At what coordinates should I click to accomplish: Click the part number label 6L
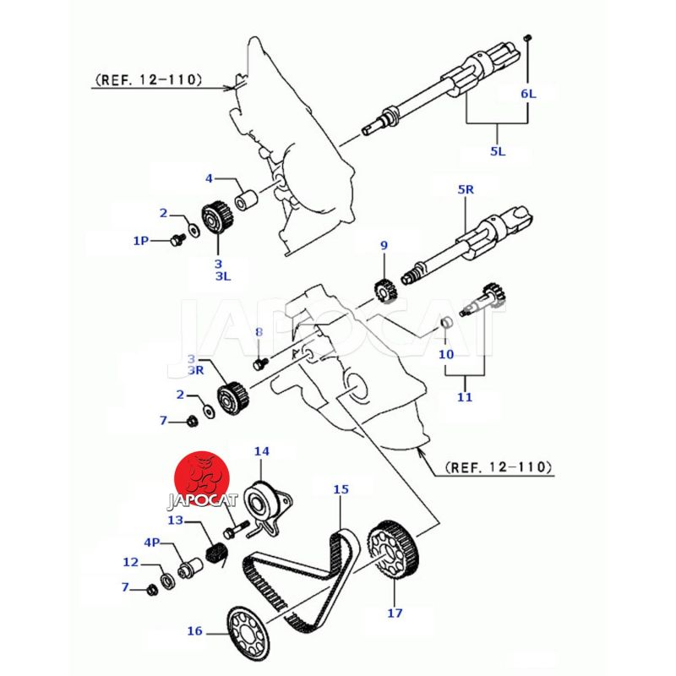(527, 94)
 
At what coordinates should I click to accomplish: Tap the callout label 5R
(466, 190)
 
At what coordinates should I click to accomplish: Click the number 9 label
(384, 246)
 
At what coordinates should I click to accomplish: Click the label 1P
(140, 240)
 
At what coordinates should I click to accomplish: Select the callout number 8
(259, 331)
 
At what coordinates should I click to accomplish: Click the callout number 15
(341, 489)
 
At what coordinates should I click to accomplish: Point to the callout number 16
(195, 630)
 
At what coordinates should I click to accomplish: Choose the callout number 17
(394, 613)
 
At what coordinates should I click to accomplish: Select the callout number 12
(130, 562)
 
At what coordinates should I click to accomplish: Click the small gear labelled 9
(385, 292)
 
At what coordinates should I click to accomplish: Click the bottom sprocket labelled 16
(248, 634)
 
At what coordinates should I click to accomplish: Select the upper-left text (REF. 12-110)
(149, 80)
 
